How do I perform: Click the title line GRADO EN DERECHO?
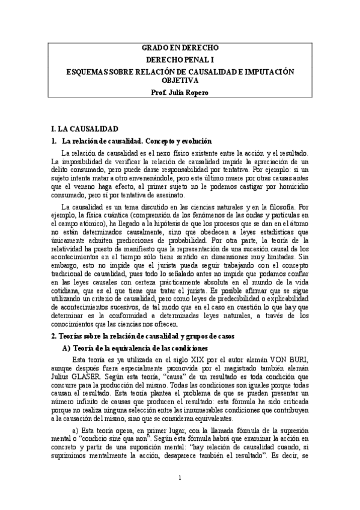tap(180, 48)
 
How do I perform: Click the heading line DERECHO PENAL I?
tap(180, 60)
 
